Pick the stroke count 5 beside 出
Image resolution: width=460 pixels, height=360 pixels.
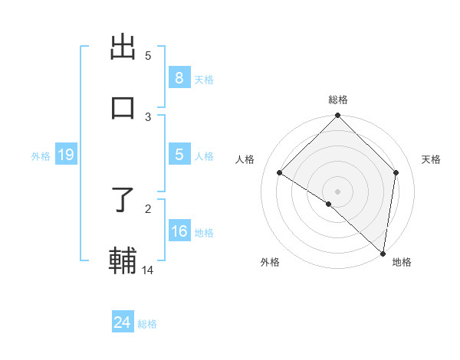tap(148, 55)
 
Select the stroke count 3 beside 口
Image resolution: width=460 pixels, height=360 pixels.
tap(148, 116)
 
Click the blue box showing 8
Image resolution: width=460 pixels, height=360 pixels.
tap(179, 78)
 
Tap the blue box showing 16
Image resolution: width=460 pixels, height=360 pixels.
tap(179, 231)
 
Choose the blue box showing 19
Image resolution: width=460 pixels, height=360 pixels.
tap(66, 155)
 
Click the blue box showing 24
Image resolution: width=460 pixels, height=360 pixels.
tap(123, 322)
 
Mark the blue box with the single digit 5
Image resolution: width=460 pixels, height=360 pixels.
tap(179, 155)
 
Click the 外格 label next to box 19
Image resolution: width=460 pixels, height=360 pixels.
tap(41, 156)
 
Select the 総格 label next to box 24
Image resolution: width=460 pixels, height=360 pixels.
tap(147, 324)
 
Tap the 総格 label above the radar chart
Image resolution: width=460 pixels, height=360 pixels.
tap(338, 100)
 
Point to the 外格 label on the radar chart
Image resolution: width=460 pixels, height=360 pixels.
tap(270, 262)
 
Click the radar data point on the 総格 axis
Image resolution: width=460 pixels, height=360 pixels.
tap(338, 116)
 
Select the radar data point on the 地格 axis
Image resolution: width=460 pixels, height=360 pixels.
tap(383, 253)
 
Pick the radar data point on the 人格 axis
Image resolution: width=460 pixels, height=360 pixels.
tap(280, 173)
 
